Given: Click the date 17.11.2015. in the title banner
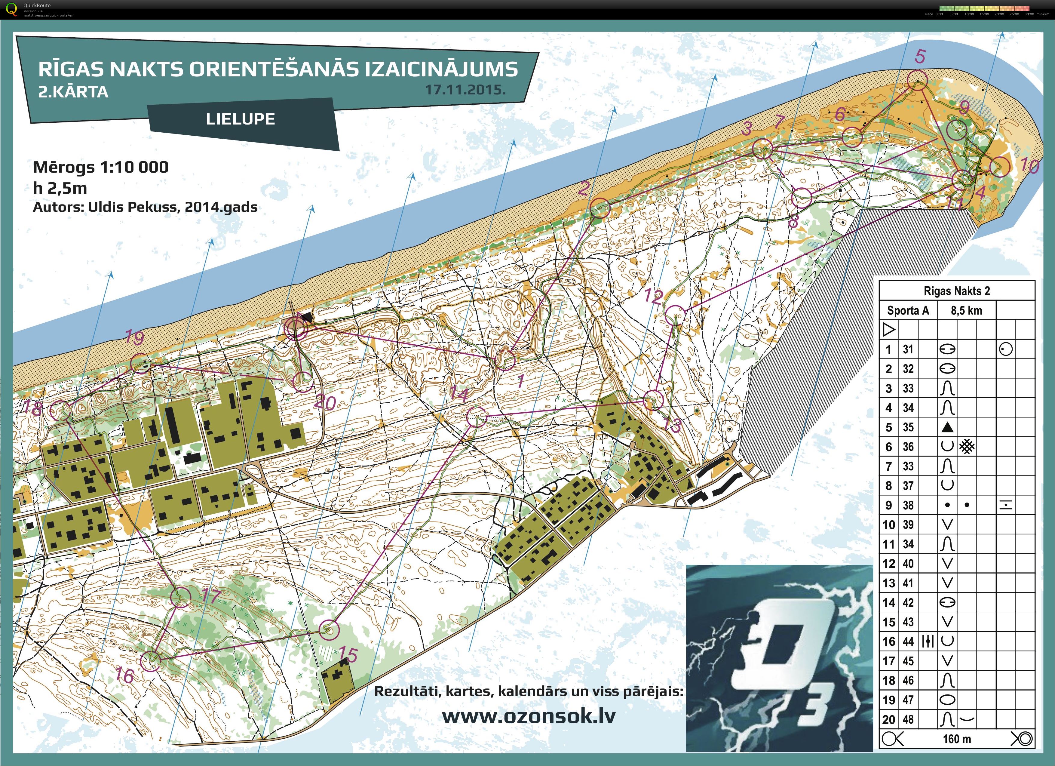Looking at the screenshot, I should pos(465,90).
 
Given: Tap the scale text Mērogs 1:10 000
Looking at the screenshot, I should pos(100,167).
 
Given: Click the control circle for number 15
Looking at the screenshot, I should pos(329,630).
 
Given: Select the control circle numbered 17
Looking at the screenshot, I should pos(180,597).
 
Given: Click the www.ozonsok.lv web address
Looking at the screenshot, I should pos(529,716).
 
